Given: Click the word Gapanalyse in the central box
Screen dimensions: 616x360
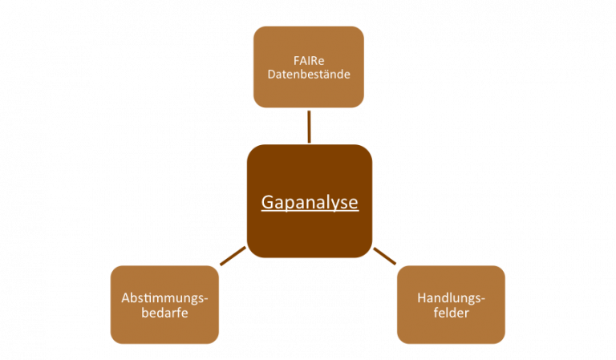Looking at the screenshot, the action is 310,203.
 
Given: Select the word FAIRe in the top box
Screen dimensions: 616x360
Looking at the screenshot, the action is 309,61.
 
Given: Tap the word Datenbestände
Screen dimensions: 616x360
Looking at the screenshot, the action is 309,75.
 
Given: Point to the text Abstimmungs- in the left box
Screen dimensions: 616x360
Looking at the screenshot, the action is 164,298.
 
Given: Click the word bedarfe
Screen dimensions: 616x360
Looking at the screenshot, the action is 164,313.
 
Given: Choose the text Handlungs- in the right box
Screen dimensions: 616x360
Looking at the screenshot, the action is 451,298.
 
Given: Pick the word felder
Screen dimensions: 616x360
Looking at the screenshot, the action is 451,313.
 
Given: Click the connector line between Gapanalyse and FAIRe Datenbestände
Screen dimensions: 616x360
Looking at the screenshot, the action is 309,127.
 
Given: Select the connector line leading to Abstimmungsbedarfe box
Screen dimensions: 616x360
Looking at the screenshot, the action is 233,256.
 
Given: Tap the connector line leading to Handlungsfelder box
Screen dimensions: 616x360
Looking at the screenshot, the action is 385,256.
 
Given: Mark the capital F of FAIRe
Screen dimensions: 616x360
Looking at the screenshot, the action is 297,61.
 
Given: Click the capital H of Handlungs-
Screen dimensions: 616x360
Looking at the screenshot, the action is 422,298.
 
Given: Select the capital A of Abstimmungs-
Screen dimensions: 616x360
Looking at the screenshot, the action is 127,298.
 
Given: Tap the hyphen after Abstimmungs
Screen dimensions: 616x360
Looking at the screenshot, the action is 205,300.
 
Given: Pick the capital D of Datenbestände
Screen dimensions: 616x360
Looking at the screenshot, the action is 272,75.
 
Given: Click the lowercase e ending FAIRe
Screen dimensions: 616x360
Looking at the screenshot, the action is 321,62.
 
